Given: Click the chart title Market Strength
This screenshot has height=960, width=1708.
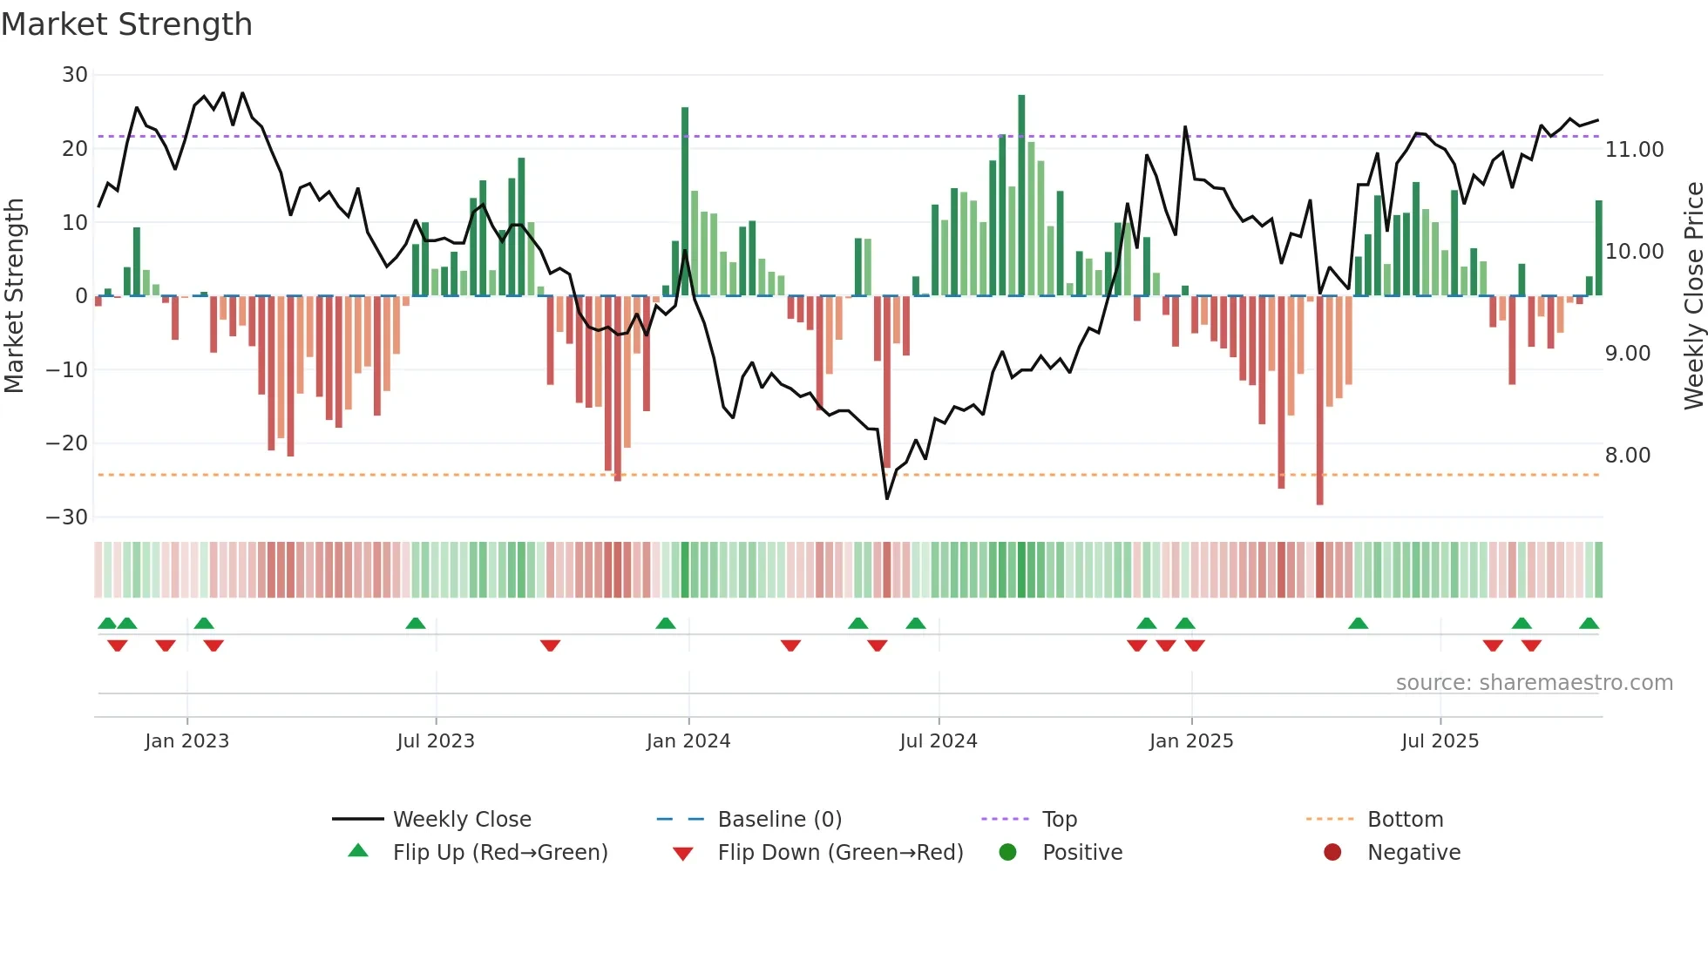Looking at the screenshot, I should pos(127,24).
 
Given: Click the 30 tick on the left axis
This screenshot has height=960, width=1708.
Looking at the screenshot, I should pos(75,75).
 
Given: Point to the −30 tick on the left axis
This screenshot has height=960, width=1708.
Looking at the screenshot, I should pos(67,517).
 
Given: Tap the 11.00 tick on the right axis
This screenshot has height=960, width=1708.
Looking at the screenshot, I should pos(1635,150).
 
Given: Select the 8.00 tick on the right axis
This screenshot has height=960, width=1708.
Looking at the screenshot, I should pos(1628,456).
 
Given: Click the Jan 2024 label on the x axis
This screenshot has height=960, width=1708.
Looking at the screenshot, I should pos(688,741).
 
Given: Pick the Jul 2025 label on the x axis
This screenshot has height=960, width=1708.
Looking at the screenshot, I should pos(1440,741).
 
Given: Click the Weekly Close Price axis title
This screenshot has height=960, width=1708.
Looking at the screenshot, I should pos(1693,296).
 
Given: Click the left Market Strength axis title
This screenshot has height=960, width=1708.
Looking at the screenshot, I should pos(14,296).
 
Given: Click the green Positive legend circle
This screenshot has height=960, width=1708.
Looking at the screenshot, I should pos(1008,853).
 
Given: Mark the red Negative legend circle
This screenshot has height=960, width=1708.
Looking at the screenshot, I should pos(1332,853).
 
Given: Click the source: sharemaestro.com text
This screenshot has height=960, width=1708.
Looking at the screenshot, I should pos(1534,683).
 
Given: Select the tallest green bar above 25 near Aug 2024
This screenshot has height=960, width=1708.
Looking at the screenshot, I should pos(1021,196).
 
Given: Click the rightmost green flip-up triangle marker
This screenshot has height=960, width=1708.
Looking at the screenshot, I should pos(1589,624).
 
